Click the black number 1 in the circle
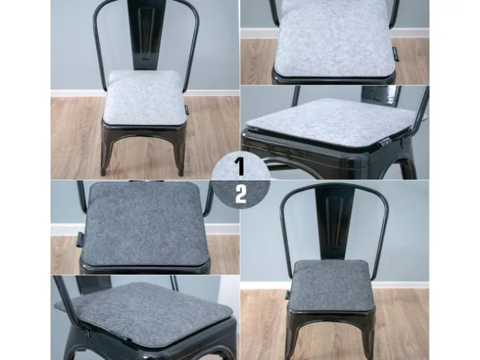pyautogui.click(x=240, y=166)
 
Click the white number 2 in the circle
pyautogui.click(x=241, y=194)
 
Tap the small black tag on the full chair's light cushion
pyautogui.click(x=187, y=110)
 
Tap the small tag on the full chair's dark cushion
pyautogui.click(x=288, y=295)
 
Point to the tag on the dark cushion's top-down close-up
pyautogui.click(x=79, y=239)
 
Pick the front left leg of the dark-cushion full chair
pyautogui.click(x=292, y=336)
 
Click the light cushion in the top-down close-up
pyautogui.click(x=334, y=38)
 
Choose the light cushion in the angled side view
pyautogui.click(x=332, y=121)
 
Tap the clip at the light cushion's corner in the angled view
pyautogui.click(x=386, y=141)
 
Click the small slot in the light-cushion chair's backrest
pyautogui.click(x=146, y=58)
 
